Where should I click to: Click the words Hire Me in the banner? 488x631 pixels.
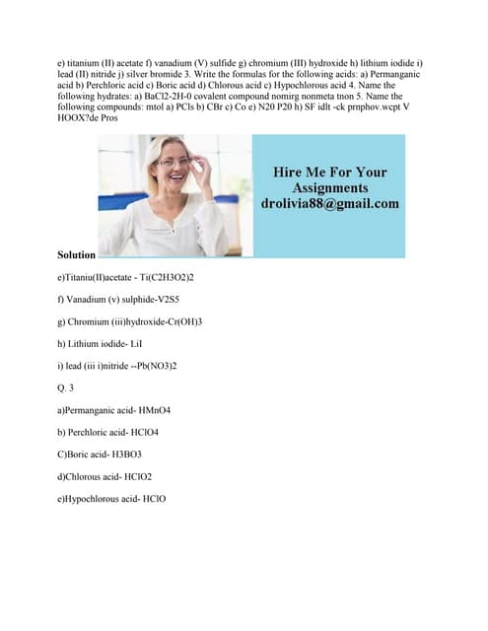coord(300,172)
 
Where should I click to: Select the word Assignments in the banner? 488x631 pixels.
coord(330,187)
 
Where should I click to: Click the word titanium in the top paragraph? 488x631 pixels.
coord(88,63)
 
